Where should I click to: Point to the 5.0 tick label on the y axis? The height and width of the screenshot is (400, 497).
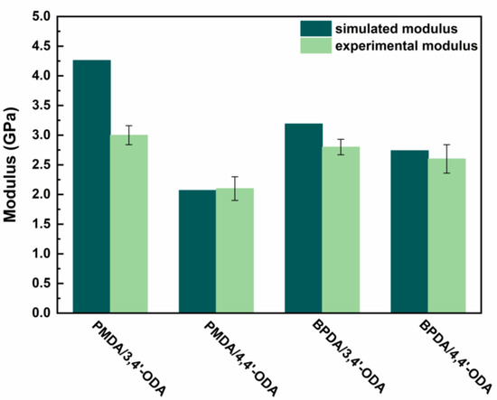[40, 16]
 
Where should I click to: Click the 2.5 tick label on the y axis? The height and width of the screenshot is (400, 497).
[40, 164]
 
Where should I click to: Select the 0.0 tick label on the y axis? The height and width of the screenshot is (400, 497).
[40, 313]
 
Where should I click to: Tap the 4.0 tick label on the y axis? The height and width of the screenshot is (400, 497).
[40, 76]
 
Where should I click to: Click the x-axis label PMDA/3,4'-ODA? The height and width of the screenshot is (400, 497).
[112, 357]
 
